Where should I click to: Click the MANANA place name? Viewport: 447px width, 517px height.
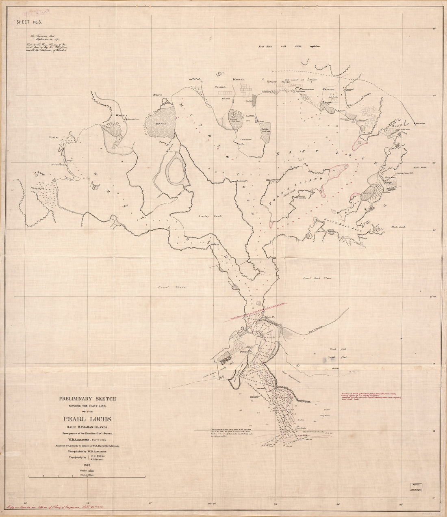coord(238,80)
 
